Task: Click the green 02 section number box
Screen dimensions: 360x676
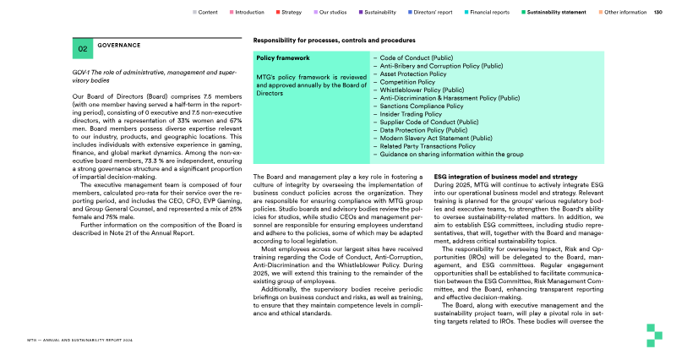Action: click(x=83, y=49)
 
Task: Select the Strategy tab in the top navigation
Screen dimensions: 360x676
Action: click(x=292, y=13)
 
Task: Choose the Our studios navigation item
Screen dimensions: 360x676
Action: click(x=334, y=13)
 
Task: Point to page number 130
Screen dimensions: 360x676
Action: click(x=657, y=13)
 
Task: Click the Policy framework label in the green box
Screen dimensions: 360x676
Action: click(x=283, y=58)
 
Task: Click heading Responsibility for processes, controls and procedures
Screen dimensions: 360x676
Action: click(x=334, y=41)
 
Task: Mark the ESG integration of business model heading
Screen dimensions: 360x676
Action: click(x=505, y=177)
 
